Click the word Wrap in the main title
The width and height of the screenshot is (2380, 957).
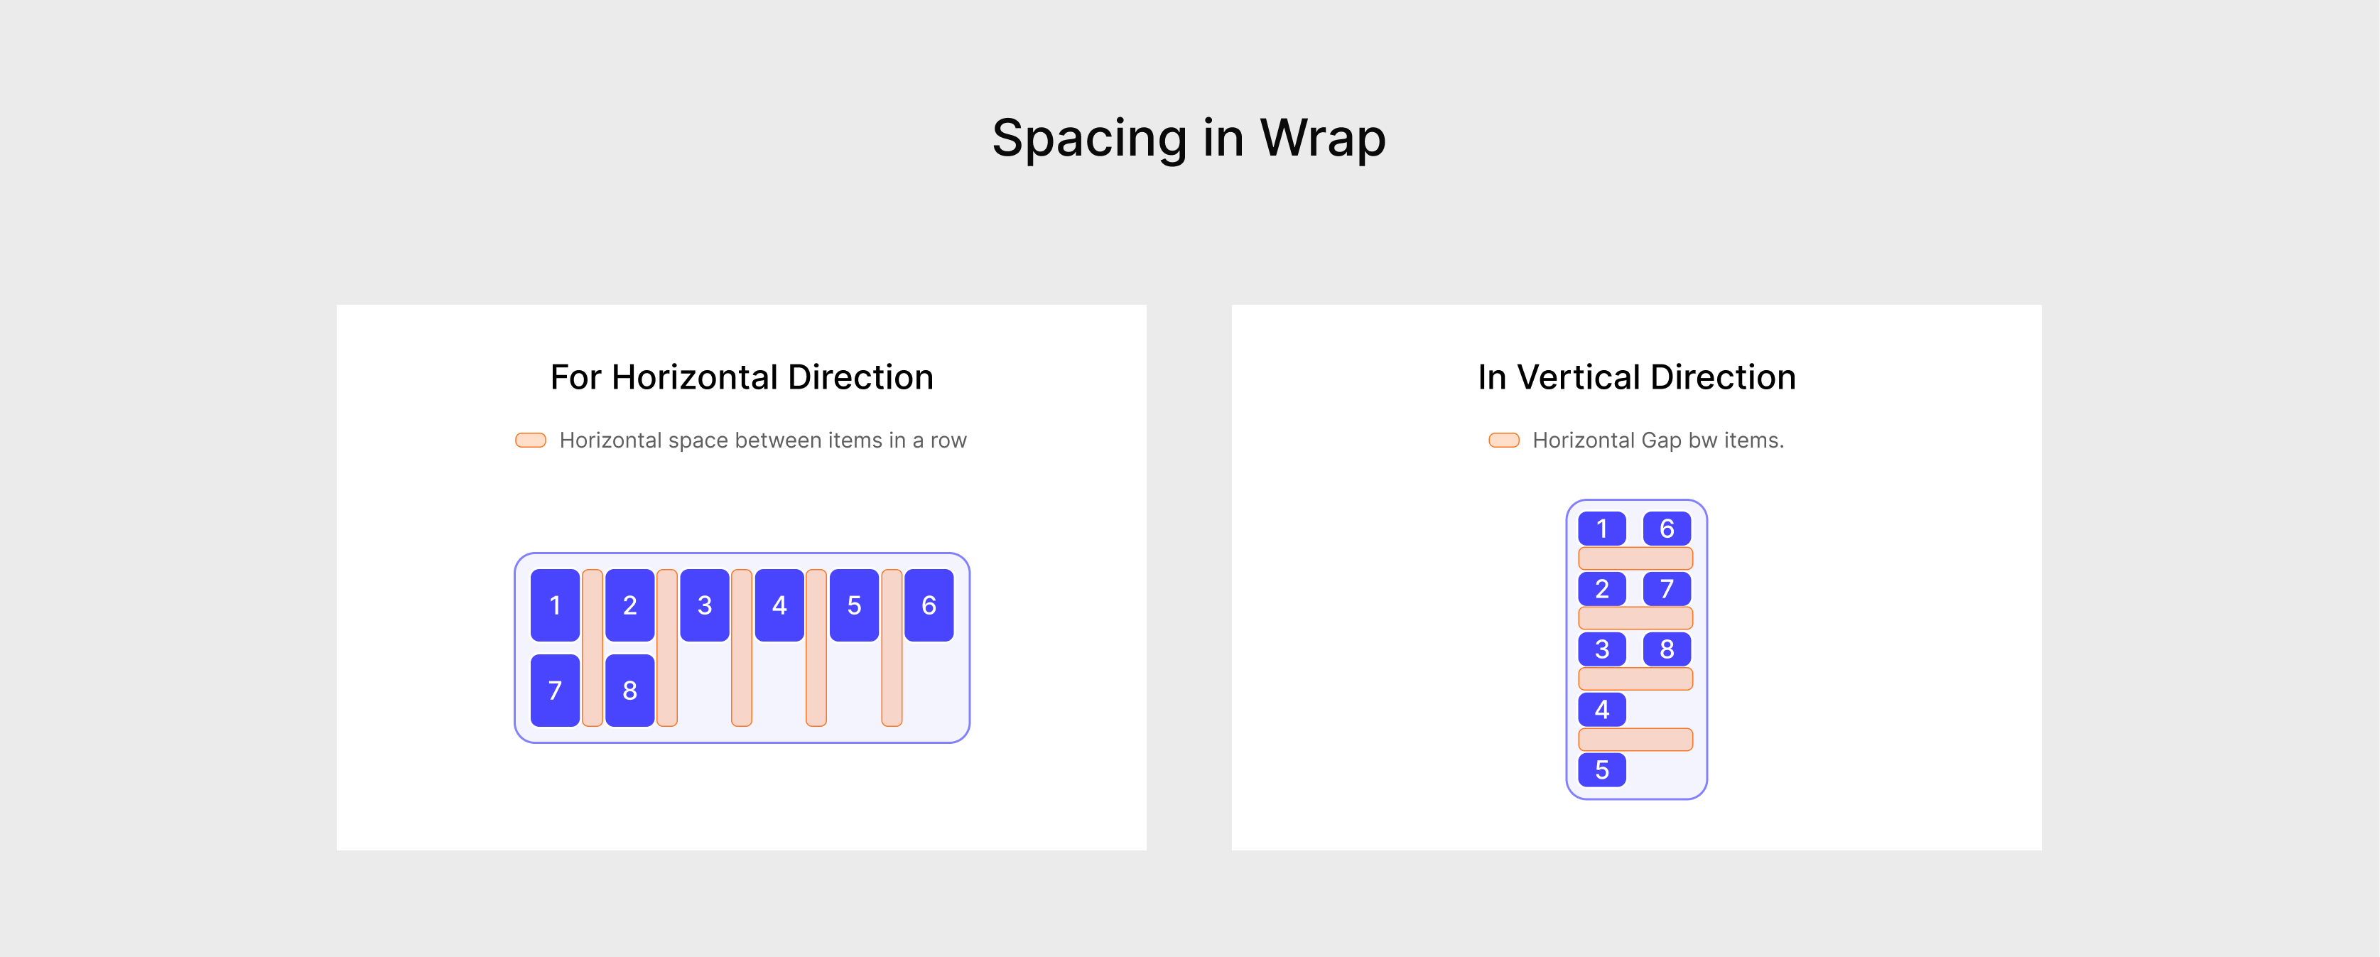1322,139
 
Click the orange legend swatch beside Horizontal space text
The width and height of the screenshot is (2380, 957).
530,440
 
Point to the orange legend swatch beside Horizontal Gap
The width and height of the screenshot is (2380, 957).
1503,440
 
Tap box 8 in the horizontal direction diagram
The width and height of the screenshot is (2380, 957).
629,690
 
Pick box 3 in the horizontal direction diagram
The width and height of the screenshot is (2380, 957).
704,605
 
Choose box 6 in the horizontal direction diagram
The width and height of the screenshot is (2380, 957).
929,605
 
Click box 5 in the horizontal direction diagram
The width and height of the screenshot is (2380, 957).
854,605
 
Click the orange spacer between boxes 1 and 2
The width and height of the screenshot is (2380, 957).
593,647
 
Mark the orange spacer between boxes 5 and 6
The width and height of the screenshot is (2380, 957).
892,647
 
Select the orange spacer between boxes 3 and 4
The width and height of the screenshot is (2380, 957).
741,647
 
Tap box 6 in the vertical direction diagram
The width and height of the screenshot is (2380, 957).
1667,529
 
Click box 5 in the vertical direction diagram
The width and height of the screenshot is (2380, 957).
1601,769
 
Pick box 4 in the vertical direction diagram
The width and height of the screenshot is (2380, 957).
1601,710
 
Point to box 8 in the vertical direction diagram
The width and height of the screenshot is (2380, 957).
1667,649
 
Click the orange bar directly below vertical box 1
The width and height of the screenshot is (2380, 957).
1635,558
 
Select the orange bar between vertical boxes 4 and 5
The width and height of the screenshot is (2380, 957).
1635,739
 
